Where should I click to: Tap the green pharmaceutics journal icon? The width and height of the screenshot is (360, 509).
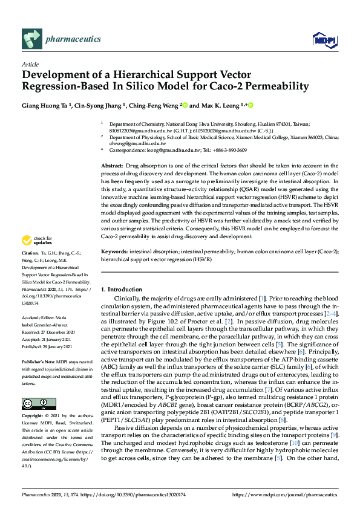tap(31, 39)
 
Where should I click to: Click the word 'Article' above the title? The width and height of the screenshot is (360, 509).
tap(30, 64)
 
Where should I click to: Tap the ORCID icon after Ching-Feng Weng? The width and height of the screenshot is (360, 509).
tap(186, 105)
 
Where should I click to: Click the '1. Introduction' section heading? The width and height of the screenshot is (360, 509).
tap(121, 290)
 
